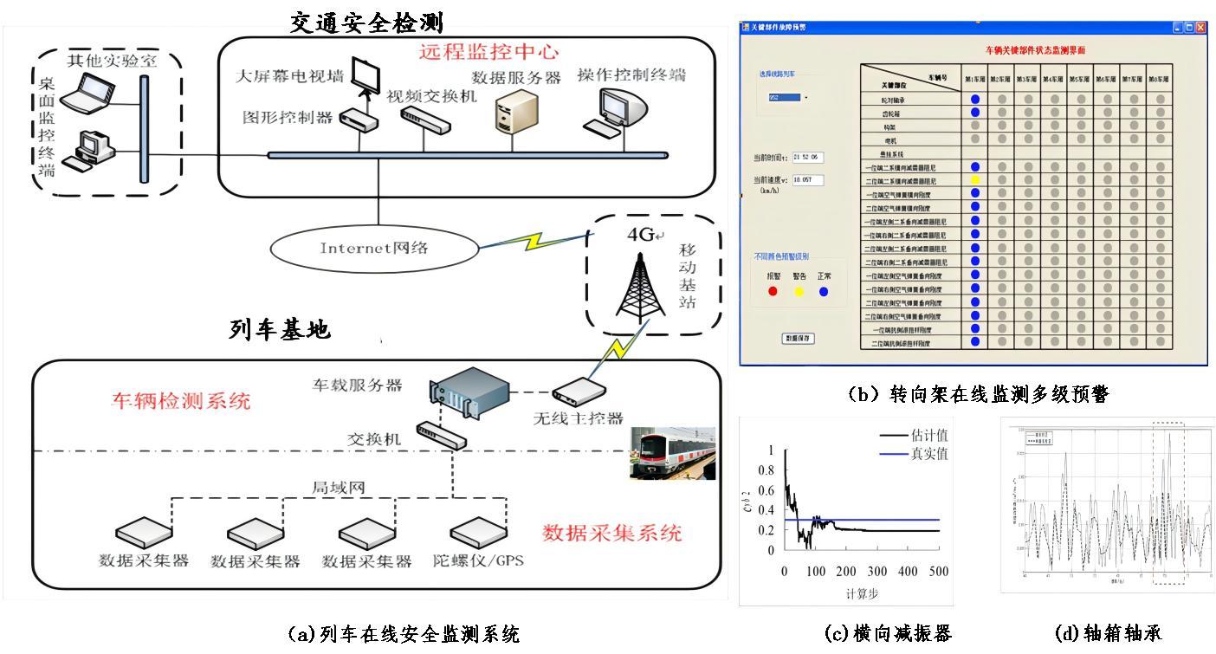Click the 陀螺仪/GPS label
(x=479, y=560)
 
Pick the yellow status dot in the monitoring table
(x=974, y=180)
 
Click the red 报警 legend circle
(x=773, y=291)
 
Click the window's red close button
(x=1200, y=27)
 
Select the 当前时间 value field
(x=806, y=158)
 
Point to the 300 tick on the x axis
(x=877, y=573)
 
